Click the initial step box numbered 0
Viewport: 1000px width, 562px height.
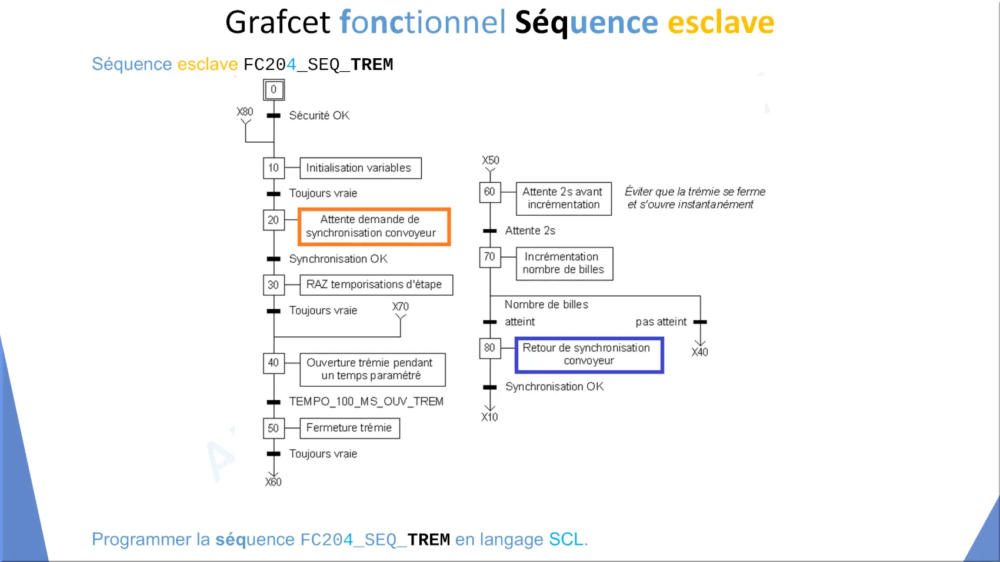[x=274, y=90]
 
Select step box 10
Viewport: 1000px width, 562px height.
[x=274, y=168]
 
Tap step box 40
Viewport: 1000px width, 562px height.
[x=274, y=363]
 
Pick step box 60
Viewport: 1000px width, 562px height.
[x=490, y=192]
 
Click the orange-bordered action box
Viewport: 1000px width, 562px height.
[x=374, y=226]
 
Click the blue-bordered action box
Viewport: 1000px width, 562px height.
[x=589, y=354]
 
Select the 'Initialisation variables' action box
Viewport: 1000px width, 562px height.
[x=360, y=168]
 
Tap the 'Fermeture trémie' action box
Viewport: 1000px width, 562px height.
[x=349, y=428]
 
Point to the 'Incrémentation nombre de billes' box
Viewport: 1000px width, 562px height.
[x=564, y=263]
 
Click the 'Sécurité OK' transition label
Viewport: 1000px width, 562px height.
[x=319, y=116]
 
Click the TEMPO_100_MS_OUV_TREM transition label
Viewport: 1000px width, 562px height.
[x=366, y=402]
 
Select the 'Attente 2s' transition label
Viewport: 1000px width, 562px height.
[x=530, y=230]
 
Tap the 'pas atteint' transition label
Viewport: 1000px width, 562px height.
[x=661, y=322]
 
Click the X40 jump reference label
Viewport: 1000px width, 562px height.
[x=699, y=352]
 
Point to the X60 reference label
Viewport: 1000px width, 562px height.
[x=273, y=481]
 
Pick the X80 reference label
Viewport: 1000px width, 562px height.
[x=245, y=112]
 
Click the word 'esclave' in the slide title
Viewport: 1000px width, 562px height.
[x=721, y=22]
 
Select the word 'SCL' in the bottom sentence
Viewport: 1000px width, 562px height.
[x=566, y=539]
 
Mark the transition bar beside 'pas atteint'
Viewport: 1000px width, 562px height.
[x=700, y=322]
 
